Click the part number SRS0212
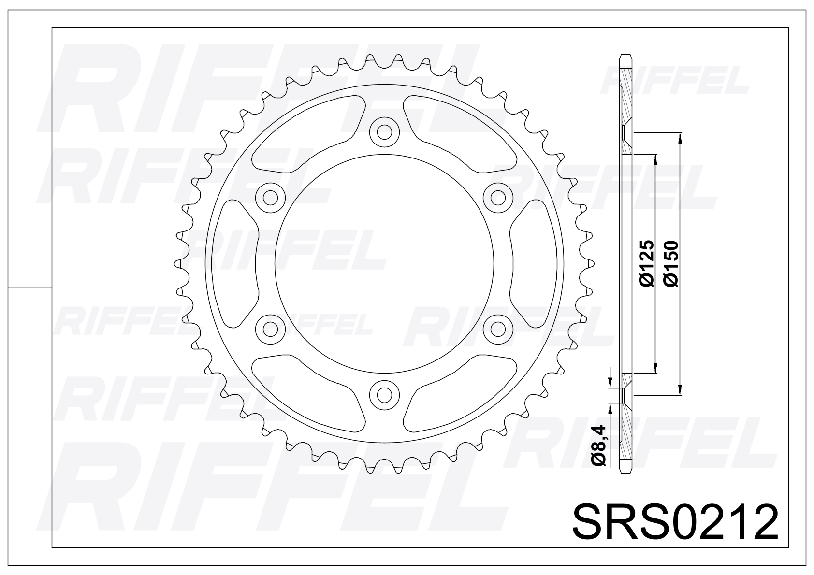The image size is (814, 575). click(x=675, y=522)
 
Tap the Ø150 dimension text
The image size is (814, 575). click(x=671, y=264)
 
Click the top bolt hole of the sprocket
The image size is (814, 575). click(x=384, y=132)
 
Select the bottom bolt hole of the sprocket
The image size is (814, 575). click(x=384, y=395)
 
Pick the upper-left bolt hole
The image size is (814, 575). click(x=270, y=198)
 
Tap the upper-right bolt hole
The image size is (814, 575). click(x=498, y=198)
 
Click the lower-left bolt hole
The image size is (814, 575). click(x=270, y=329)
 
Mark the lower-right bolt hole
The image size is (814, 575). click(x=498, y=329)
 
